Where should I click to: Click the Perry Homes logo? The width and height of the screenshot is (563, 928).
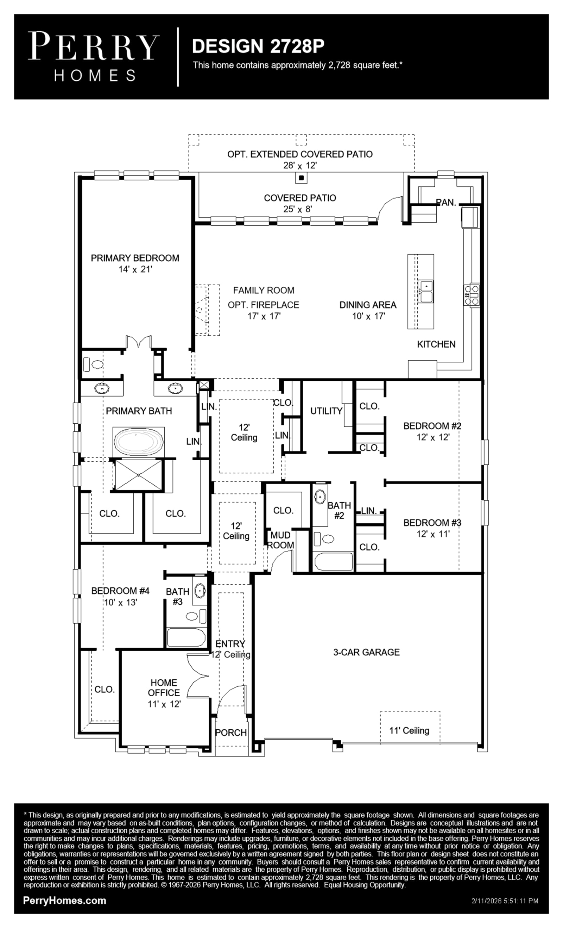[93, 56]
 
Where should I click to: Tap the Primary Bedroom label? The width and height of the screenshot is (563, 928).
[135, 258]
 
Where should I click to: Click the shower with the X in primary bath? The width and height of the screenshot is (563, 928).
[139, 475]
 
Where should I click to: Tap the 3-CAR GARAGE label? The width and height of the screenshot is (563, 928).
[366, 652]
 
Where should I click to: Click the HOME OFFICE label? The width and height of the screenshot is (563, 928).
[164, 688]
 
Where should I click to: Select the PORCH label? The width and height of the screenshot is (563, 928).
[231, 733]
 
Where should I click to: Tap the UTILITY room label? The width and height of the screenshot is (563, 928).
[326, 411]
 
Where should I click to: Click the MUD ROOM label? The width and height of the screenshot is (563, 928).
[281, 540]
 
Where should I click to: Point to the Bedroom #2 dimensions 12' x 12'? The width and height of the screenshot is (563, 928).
[433, 437]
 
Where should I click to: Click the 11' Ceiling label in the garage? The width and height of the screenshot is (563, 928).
[409, 731]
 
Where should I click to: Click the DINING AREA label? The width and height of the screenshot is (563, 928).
[368, 305]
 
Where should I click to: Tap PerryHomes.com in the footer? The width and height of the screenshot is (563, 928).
[65, 901]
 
